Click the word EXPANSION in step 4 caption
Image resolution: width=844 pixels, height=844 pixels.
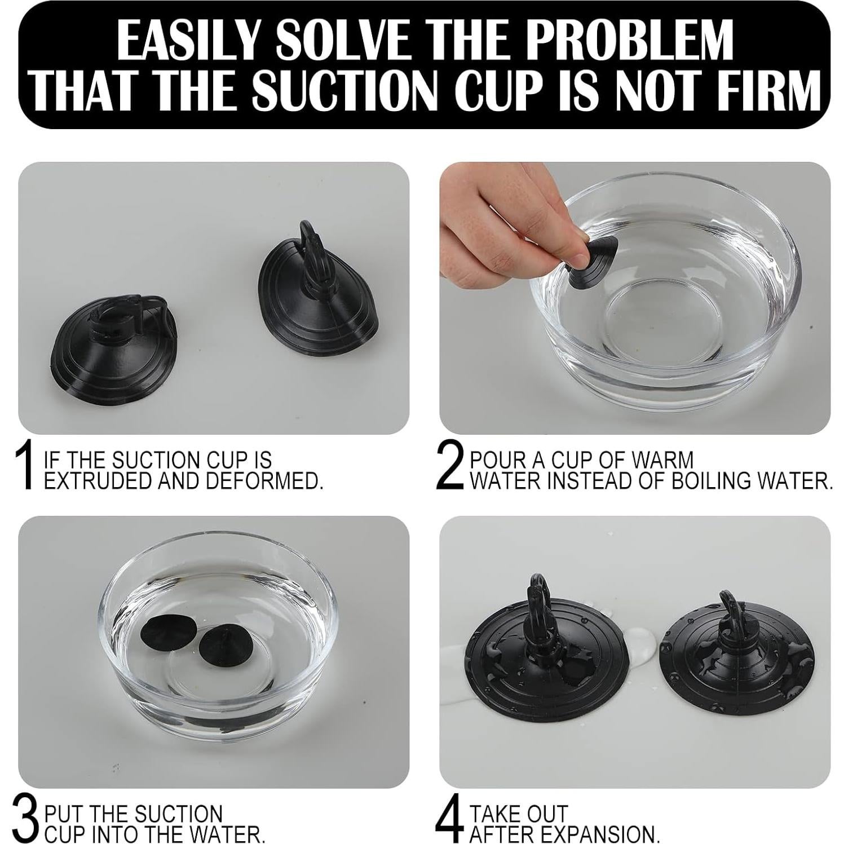point(601,833)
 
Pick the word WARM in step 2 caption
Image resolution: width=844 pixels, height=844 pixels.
point(662,459)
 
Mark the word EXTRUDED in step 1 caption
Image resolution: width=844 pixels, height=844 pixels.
point(94,480)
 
